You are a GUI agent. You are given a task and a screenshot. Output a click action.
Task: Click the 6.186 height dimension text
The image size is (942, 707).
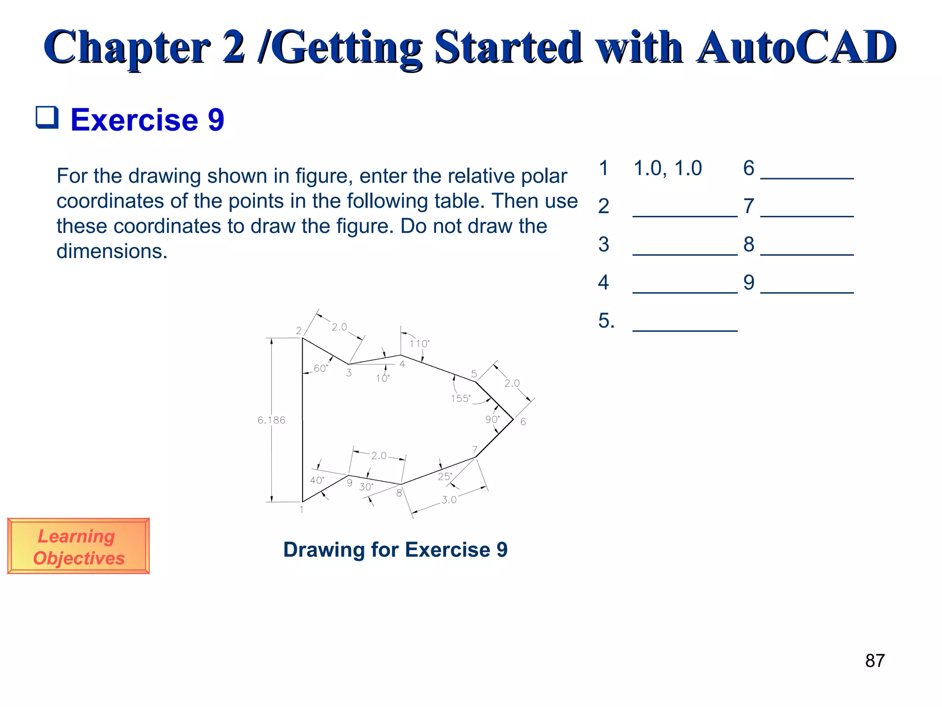click(x=271, y=420)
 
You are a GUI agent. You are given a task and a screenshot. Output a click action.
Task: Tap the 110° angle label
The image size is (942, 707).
click(x=419, y=343)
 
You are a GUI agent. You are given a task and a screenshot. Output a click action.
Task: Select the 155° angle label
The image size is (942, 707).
click(x=460, y=399)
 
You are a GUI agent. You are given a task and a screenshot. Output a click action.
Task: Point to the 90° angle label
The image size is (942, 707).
click(x=492, y=419)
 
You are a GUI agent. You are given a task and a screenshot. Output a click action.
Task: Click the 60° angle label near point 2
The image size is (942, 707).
click(x=321, y=368)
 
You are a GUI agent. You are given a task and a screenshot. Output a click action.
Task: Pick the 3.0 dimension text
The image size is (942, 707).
click(x=449, y=500)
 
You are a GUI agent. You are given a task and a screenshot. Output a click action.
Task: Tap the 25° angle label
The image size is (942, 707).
click(x=445, y=476)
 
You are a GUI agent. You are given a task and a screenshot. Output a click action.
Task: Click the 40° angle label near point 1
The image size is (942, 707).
click(x=317, y=481)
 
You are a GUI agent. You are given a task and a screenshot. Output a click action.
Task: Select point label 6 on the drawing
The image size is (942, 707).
click(x=523, y=422)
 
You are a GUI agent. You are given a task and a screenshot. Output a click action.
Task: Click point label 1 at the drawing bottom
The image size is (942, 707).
click(x=301, y=510)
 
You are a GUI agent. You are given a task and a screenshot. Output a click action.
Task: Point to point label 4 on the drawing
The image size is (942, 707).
click(x=402, y=364)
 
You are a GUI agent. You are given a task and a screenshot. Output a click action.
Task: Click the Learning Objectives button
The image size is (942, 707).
click(x=79, y=546)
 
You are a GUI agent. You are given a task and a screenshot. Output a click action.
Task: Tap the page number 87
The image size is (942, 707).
click(x=874, y=661)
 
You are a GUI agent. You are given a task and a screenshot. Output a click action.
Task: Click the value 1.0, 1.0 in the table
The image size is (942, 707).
click(x=667, y=168)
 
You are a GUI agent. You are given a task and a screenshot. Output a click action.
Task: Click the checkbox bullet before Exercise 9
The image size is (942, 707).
click(x=47, y=117)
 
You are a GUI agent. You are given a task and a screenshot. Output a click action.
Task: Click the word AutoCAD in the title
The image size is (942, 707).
click(x=796, y=47)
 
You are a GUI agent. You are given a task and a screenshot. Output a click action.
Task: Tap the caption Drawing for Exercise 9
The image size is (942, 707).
click(x=395, y=550)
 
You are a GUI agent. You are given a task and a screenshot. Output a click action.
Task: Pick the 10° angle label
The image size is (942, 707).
click(x=382, y=378)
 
